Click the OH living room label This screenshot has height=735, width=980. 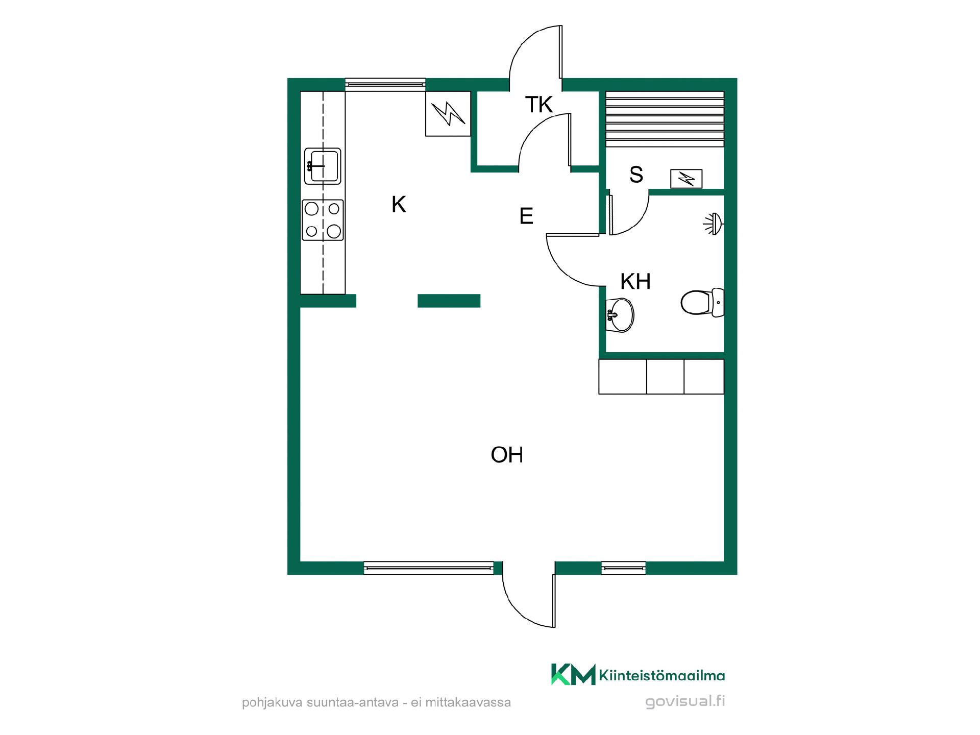pyautogui.click(x=507, y=455)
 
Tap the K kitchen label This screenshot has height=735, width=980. pyautogui.click(x=399, y=205)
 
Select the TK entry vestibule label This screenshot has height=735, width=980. pyautogui.click(x=539, y=105)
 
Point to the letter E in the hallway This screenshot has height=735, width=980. pyautogui.click(x=526, y=216)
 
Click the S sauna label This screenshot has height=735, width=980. pyautogui.click(x=636, y=175)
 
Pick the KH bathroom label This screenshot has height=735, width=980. pyautogui.click(x=635, y=281)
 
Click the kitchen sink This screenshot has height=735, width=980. pyautogui.click(x=323, y=166)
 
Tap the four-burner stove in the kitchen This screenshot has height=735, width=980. pyautogui.click(x=323, y=220)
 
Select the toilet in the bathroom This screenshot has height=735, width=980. pyautogui.click(x=702, y=302)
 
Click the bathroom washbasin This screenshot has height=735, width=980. pyautogui.click(x=620, y=314)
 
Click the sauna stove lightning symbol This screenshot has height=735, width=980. pyautogui.click(x=686, y=179)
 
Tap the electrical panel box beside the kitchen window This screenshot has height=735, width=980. pyautogui.click(x=448, y=114)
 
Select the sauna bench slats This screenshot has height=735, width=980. pyautogui.click(x=665, y=118)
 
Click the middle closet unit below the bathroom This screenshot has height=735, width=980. pyautogui.click(x=665, y=377)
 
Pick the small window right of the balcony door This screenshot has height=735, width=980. pyautogui.click(x=623, y=568)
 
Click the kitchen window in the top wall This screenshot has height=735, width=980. pyautogui.click(x=385, y=85)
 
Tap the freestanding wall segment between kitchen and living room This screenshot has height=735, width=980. pyautogui.click(x=449, y=301)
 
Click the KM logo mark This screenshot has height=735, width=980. pyautogui.click(x=573, y=674)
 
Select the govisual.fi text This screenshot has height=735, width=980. pyautogui.click(x=685, y=701)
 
